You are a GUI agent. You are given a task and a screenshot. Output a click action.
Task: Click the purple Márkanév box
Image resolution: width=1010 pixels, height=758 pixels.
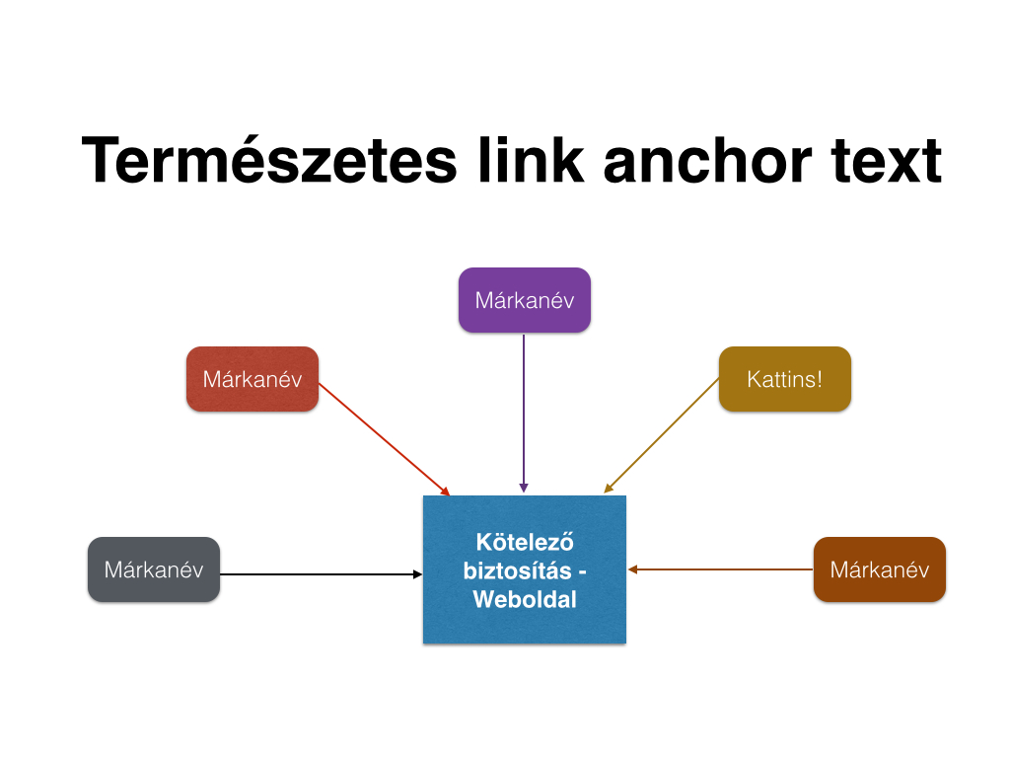click(x=525, y=300)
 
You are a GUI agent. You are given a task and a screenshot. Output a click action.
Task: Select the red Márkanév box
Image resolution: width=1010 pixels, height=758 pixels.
click(x=252, y=379)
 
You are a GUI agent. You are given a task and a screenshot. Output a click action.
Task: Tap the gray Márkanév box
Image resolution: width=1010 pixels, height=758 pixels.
click(x=154, y=569)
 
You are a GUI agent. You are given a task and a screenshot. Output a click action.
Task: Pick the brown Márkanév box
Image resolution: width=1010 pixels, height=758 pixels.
click(x=880, y=569)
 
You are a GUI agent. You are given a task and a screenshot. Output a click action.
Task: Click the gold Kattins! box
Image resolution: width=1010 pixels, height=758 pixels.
click(x=785, y=379)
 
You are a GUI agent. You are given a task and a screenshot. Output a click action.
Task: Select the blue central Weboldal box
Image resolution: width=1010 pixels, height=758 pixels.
click(x=525, y=569)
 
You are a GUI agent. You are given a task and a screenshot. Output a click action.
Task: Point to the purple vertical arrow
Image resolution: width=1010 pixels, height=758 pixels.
click(x=524, y=414)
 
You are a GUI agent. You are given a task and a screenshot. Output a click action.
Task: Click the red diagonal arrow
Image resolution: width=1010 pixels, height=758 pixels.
click(x=384, y=439)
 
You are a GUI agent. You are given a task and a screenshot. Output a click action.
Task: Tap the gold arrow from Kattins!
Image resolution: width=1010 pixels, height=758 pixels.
click(x=662, y=435)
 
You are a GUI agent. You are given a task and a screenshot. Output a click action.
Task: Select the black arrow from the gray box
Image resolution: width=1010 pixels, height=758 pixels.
click(x=322, y=573)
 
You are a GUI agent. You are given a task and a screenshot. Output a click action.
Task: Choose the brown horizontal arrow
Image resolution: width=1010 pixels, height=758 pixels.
click(x=721, y=569)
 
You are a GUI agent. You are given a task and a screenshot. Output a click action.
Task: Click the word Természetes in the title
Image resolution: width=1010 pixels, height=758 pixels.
click(x=269, y=160)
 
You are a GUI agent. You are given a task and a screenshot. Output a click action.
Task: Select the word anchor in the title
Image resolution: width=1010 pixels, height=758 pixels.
click(x=707, y=160)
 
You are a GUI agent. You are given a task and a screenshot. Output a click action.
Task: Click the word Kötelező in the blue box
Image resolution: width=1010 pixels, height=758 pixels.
click(x=525, y=542)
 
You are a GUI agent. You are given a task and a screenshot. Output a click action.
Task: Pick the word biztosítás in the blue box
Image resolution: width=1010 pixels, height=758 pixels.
click(x=517, y=571)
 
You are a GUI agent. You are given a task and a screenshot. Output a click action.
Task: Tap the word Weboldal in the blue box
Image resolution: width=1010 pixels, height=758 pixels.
click(x=525, y=599)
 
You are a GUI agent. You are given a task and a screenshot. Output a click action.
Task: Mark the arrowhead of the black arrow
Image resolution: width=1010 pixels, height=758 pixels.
click(x=418, y=573)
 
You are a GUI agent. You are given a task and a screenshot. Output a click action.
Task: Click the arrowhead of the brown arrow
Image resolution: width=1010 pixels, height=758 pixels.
click(x=632, y=569)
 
